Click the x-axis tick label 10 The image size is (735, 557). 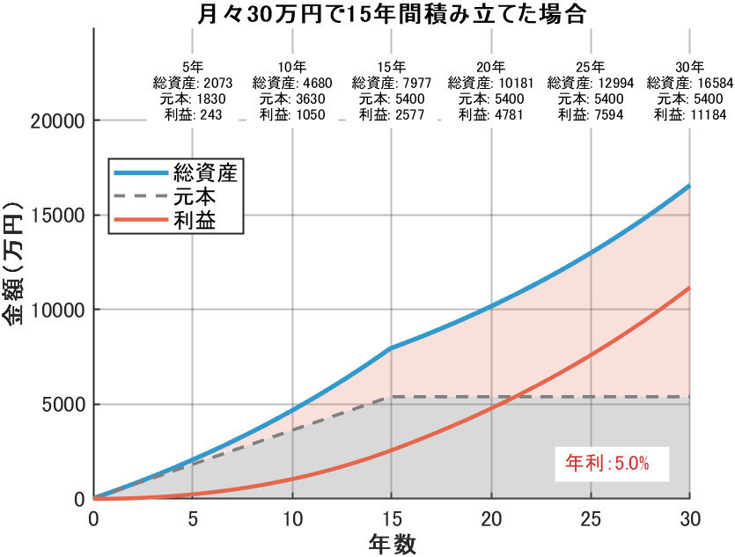pos(292,519)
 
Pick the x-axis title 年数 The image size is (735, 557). pos(391,543)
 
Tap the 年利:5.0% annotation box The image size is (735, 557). pos(606,462)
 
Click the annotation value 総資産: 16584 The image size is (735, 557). pos(689,83)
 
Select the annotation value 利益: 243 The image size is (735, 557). pos(193,114)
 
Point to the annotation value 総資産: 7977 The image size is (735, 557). pos(392,83)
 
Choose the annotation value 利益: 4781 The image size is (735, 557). pos(490,114)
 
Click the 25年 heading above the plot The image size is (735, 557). pos(591,67)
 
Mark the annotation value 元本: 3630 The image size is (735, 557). pos(292,99)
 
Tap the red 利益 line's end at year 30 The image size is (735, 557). pos(689,287)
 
